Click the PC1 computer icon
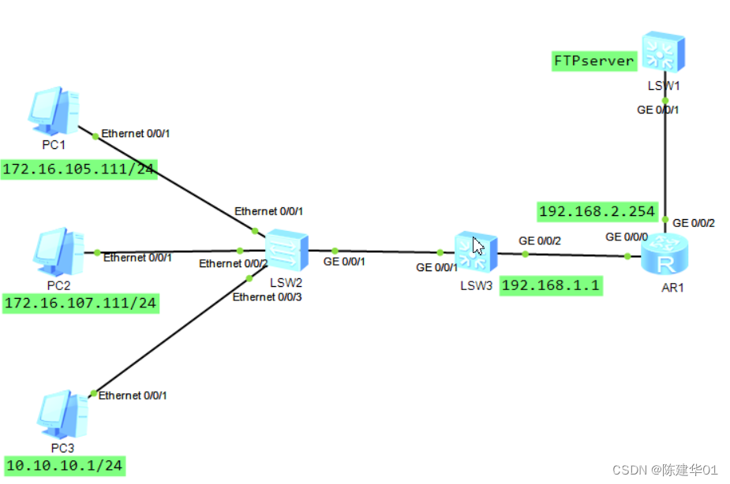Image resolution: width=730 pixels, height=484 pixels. point(54,111)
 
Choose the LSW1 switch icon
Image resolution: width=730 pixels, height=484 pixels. point(663,52)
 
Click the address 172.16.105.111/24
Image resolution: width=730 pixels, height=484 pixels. point(79,169)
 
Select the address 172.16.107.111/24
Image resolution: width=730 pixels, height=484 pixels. point(80,303)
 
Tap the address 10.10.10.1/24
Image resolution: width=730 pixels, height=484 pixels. point(65,466)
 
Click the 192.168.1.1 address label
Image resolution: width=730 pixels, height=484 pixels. point(551,285)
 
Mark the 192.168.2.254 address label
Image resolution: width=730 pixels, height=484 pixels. point(597,210)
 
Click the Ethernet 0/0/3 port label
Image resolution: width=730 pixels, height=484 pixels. point(268,296)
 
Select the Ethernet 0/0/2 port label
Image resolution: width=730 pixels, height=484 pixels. point(234,263)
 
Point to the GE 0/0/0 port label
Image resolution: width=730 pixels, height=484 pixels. point(627,236)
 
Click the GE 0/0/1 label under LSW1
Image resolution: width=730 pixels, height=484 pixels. point(658,110)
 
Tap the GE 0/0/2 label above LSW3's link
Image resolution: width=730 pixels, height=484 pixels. point(539,240)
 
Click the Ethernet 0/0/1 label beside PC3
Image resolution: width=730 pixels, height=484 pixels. point(133,395)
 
